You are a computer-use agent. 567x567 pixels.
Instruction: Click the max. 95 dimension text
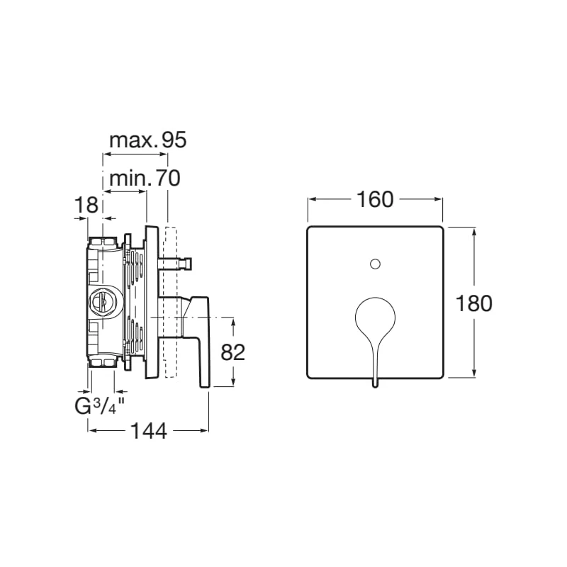tap(148, 140)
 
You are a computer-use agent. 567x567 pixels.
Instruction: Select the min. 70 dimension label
tap(145, 179)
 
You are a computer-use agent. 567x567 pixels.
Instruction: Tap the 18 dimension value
tap(86, 205)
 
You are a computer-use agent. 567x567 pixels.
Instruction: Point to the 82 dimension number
tap(233, 352)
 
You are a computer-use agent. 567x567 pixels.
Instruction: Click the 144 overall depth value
tap(149, 431)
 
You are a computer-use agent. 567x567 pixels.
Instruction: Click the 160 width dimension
tap(375, 200)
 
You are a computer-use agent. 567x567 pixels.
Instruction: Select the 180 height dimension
tap(473, 303)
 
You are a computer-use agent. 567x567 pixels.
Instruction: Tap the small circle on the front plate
tap(376, 264)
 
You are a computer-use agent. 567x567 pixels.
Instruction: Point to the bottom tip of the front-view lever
tap(376, 388)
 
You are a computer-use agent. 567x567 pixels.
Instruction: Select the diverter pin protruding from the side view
tap(175, 264)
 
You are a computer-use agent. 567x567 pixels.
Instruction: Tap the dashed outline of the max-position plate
tap(171, 302)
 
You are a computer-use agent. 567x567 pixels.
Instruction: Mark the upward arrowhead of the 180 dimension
tap(474, 232)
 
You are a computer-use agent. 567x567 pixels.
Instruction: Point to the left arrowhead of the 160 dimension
tap(312, 199)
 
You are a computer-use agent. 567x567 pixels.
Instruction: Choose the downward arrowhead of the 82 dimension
tap(233, 382)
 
